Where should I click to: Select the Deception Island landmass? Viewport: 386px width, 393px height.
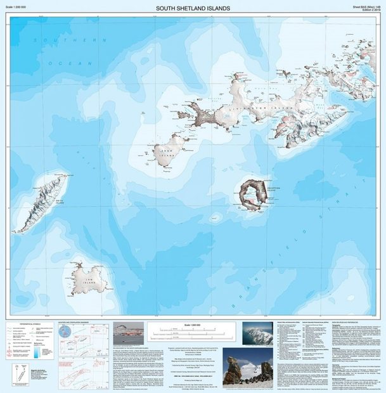(x=252, y=193)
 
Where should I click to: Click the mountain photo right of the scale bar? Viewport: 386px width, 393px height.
(x=258, y=333)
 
